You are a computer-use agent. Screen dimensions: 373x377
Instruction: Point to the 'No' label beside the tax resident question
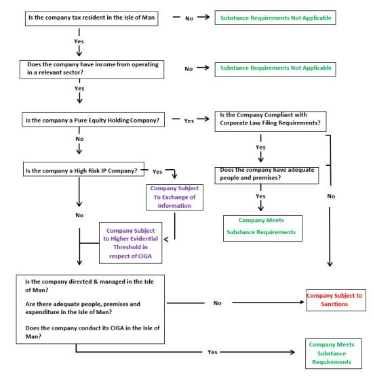189,18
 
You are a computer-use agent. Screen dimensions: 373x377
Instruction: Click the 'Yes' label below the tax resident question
79,41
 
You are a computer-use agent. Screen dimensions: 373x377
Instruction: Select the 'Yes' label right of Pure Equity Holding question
189,121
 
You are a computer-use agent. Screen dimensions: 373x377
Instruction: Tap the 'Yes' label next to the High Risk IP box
157,172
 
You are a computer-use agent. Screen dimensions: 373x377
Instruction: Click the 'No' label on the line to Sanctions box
217,303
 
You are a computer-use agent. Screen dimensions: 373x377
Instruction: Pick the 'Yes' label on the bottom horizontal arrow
212,352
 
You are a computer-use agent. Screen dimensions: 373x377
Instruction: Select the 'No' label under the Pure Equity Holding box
79,139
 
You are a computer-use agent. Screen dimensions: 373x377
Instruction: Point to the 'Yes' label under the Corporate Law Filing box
260,148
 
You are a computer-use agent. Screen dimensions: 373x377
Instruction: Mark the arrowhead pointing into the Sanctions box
302,303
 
